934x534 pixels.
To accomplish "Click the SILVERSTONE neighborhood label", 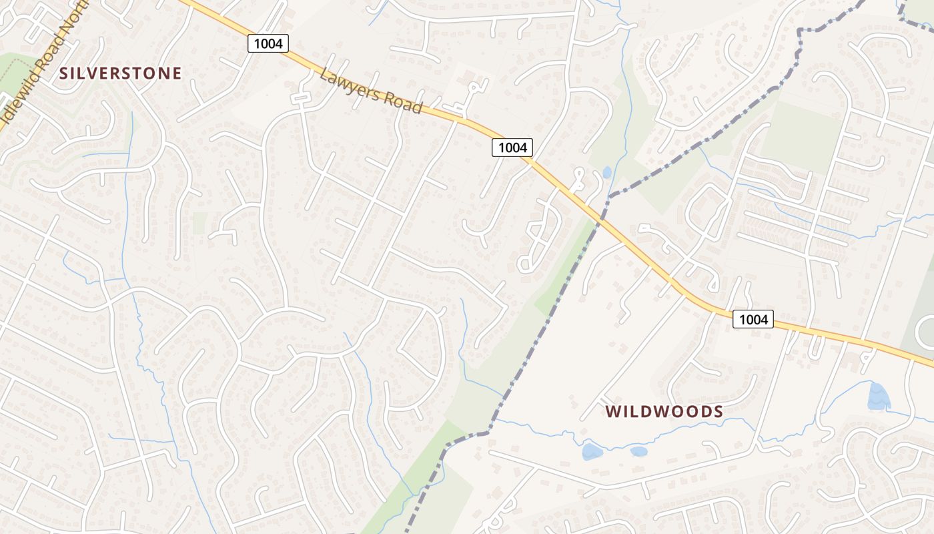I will [x=121, y=73].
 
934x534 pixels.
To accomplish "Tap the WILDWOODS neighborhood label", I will [x=664, y=412].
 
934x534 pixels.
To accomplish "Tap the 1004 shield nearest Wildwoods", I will [x=753, y=319].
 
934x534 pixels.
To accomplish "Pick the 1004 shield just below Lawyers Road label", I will [x=512, y=148].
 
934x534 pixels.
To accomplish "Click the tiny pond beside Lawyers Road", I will [x=606, y=172].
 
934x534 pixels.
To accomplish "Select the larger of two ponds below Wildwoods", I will [x=592, y=452].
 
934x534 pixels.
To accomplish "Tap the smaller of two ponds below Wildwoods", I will [x=638, y=451].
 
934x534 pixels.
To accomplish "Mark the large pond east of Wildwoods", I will [x=879, y=396].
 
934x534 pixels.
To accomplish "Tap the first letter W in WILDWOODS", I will [x=613, y=412].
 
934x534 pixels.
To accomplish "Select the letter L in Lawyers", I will [x=325, y=75].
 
